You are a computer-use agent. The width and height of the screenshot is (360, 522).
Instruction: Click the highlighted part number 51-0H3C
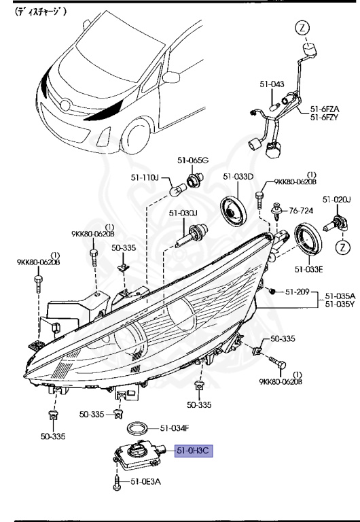194,451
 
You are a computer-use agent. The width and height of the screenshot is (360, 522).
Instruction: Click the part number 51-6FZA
325,108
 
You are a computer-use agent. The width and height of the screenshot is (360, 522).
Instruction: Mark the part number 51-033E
308,269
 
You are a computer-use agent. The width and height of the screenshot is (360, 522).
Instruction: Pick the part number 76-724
302,211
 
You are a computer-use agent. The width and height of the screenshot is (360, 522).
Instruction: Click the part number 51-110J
145,177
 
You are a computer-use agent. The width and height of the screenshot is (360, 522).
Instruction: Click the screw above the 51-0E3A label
116,481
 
